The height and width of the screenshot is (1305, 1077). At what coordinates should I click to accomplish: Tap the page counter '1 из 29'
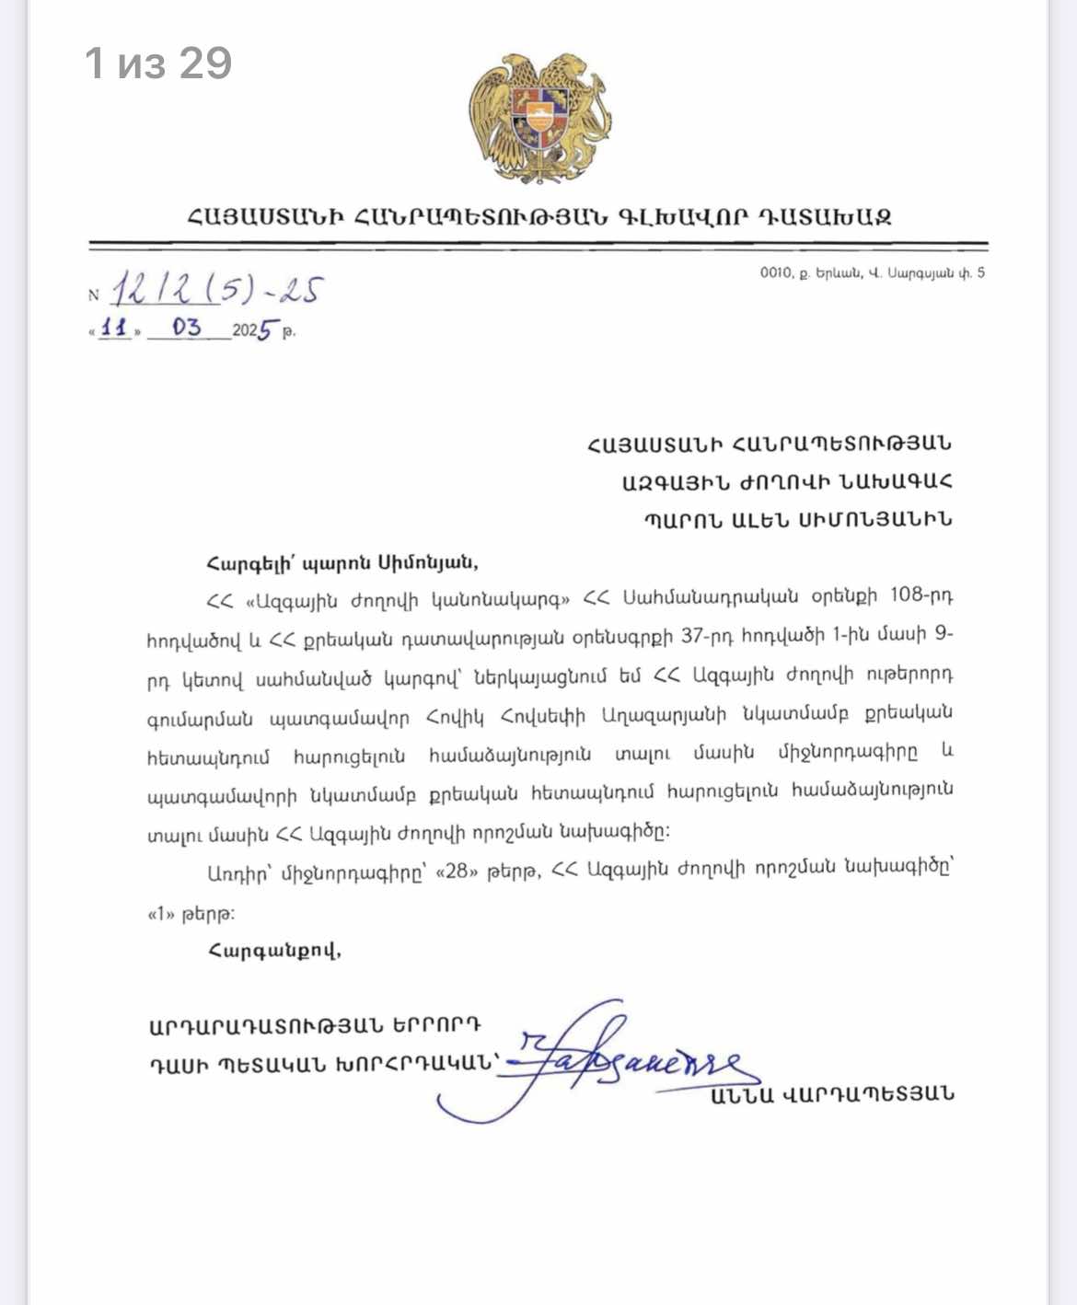(158, 64)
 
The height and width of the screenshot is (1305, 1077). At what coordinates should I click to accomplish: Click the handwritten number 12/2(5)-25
(217, 289)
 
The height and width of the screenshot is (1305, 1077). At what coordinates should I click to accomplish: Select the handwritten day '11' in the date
(114, 328)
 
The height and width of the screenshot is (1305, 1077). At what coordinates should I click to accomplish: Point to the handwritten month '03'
(186, 328)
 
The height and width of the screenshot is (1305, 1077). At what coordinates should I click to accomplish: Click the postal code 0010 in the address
(775, 272)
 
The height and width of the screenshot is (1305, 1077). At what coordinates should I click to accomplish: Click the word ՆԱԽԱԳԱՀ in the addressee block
(890, 481)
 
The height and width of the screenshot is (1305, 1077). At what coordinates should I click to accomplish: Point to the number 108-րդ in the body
(921, 596)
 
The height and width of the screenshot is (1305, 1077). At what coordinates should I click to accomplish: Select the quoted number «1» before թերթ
(161, 914)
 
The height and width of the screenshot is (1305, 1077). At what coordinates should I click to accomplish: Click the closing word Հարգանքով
(274, 950)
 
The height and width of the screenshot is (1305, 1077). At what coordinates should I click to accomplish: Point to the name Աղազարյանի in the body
(664, 715)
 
